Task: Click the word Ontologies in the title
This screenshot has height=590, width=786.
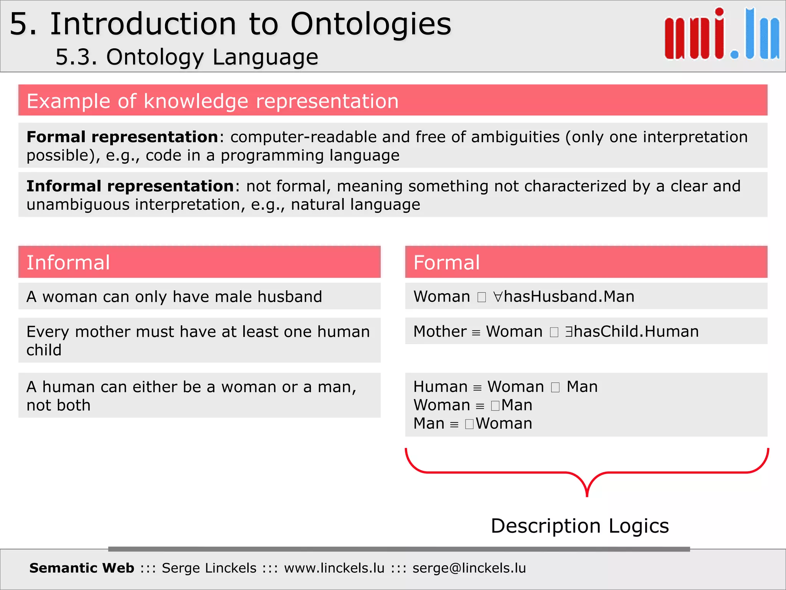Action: (x=371, y=24)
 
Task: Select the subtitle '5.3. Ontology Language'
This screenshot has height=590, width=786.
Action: (x=187, y=57)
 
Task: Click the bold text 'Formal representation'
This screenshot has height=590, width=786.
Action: (x=122, y=137)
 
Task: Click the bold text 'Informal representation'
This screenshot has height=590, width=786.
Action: (x=130, y=186)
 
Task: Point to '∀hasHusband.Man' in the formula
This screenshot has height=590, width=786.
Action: (x=564, y=297)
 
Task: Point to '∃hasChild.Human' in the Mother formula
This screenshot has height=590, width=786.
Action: (x=632, y=331)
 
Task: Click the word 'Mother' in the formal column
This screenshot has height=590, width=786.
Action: (x=440, y=331)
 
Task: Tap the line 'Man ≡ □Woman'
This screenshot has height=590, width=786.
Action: (x=472, y=424)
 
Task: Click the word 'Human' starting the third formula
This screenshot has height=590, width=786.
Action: (x=440, y=387)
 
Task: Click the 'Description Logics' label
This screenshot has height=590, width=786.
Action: (x=580, y=526)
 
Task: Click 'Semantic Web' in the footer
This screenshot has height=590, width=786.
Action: (x=82, y=568)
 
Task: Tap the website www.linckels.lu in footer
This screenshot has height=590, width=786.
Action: (x=334, y=568)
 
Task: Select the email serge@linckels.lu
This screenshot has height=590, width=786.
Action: (x=469, y=568)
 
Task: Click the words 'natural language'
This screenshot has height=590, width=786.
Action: (x=355, y=205)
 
